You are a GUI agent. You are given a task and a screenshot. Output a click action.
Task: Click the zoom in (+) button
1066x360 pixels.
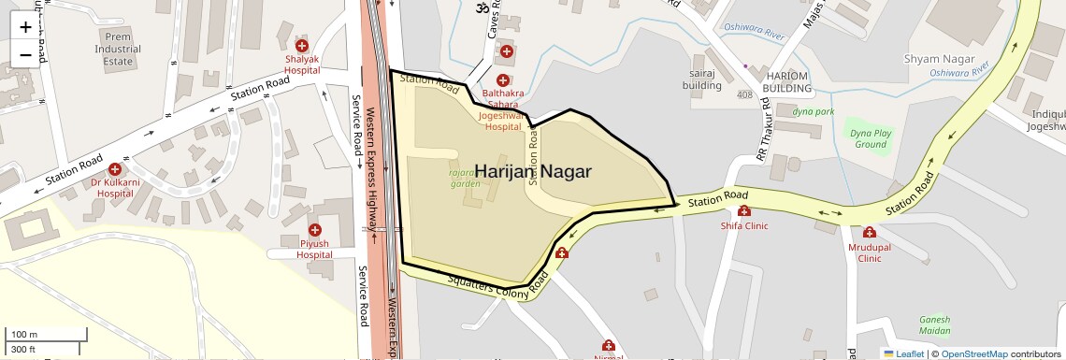25,27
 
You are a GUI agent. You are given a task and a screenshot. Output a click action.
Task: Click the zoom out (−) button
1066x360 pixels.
25,55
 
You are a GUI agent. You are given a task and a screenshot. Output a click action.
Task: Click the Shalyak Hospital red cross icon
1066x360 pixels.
302,46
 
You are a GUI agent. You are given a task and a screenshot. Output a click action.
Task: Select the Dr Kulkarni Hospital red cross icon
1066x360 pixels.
114,169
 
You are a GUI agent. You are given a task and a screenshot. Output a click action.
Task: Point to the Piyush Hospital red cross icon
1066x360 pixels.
314,230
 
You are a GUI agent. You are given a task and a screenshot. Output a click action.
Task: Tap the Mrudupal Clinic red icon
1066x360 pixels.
870,233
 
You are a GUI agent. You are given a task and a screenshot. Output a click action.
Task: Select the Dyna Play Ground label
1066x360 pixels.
869,138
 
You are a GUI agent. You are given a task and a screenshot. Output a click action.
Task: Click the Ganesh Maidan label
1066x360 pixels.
934,324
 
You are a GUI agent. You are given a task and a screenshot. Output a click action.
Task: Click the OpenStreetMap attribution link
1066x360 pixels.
973,353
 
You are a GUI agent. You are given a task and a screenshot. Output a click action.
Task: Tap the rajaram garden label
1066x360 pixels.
464,179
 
